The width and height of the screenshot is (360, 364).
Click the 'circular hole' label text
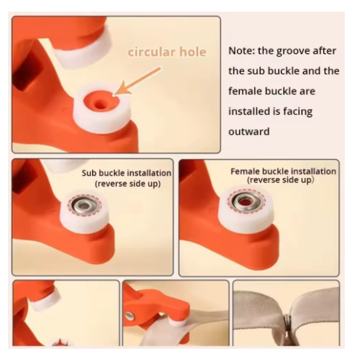click(167, 52)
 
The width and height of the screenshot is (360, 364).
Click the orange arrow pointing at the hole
click(137, 81)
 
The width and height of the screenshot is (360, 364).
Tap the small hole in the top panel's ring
click(99, 105)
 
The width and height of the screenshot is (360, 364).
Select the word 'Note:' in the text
click(242, 51)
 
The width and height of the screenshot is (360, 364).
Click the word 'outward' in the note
click(249, 132)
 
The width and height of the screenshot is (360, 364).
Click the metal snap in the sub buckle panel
click(84, 206)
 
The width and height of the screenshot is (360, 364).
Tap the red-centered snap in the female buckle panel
click(245, 201)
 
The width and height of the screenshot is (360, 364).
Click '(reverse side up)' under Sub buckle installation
click(128, 184)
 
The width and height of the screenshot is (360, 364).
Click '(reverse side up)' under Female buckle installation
click(280, 180)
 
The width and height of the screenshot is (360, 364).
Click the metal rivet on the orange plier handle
click(130, 315)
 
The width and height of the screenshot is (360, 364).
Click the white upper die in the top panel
click(83, 48)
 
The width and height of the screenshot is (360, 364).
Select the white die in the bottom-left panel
click(46, 299)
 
